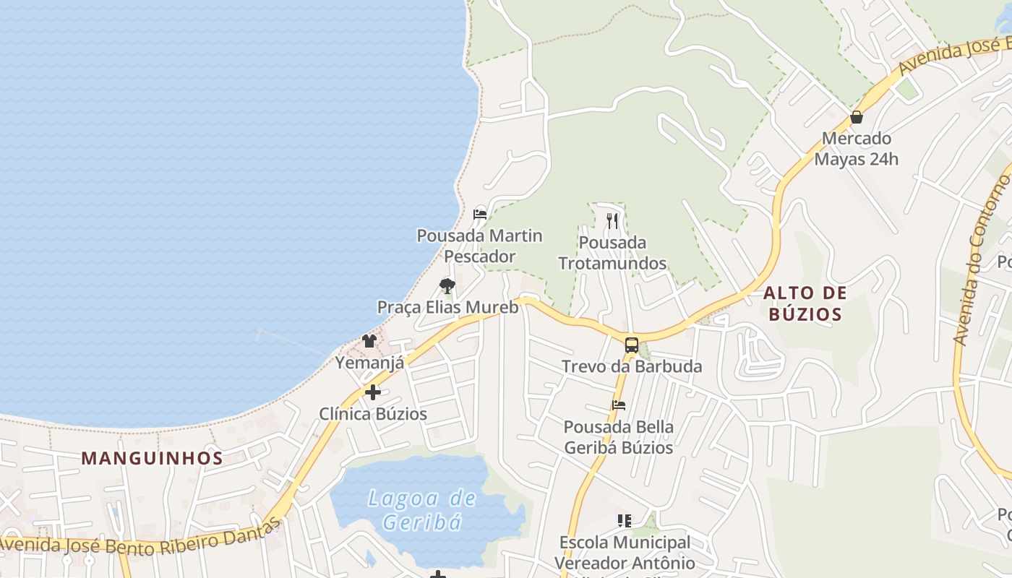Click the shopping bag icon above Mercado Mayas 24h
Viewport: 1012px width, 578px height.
coord(857,116)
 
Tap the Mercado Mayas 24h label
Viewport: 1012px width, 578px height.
coord(857,148)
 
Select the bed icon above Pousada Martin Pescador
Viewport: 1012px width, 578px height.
coord(479,214)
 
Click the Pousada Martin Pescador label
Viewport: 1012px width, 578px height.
coord(479,246)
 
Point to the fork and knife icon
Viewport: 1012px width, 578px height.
coord(612,220)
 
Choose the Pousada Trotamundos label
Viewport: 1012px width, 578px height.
coord(612,252)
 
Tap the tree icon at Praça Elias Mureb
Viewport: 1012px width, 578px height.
coord(447,286)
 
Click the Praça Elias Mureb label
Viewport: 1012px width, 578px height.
coord(447,307)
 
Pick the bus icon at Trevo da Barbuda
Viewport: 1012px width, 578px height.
coord(631,345)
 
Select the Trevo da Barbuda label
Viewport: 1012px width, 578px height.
coord(632,366)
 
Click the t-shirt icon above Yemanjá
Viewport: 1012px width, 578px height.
coord(369,340)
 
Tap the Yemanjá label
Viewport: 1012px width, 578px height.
coord(369,362)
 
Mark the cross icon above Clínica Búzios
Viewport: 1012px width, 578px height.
coord(373,392)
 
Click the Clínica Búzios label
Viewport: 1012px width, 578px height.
coord(373,414)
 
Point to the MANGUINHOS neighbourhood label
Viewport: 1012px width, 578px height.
coord(152,457)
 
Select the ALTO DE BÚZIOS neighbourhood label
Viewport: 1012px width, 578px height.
coord(805,303)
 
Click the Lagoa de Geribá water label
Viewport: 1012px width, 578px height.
coord(422,509)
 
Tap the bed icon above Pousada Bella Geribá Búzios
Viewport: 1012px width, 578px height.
coord(618,405)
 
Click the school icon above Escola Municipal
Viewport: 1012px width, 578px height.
coord(625,520)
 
